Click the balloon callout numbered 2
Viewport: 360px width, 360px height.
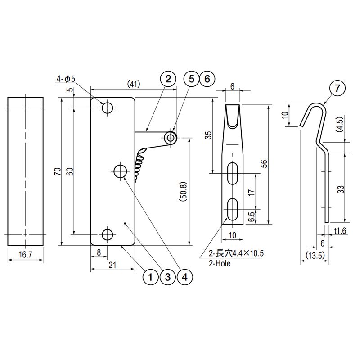[x=168, y=79]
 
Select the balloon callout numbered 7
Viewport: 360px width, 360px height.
[x=337, y=88]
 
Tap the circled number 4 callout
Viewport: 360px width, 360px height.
[x=185, y=277]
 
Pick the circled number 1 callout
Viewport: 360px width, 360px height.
[x=150, y=277]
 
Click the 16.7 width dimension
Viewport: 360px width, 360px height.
[x=25, y=254]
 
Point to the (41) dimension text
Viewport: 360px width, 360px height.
[x=134, y=84]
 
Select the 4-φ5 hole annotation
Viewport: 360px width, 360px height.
[x=66, y=79]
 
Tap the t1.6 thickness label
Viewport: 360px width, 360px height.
[x=340, y=230]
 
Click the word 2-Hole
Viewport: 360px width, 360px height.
[x=220, y=263]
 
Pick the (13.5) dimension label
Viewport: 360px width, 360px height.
[x=315, y=255]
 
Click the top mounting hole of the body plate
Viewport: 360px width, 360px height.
[x=108, y=108]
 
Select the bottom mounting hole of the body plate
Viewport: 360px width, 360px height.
[x=108, y=234]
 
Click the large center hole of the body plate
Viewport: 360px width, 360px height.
[x=121, y=171]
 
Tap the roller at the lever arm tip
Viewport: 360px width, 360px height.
[x=171, y=138]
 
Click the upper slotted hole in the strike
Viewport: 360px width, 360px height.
[x=233, y=174]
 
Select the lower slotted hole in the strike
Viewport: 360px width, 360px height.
[x=233, y=209]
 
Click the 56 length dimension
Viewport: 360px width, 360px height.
[x=265, y=164]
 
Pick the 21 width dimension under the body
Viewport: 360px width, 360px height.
[x=112, y=265]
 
